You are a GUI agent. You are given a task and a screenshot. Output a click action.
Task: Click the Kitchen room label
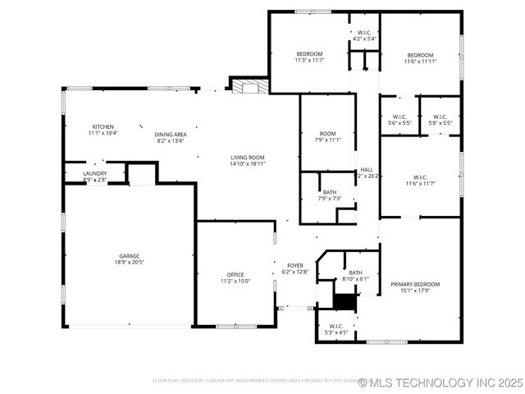pyautogui.click(x=103, y=130)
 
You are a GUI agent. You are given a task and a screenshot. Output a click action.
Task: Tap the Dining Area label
pyautogui.click(x=171, y=137)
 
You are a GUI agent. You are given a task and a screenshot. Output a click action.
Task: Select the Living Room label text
pyautogui.click(x=247, y=160)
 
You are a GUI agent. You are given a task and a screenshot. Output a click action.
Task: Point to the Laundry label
pyautogui.click(x=94, y=176)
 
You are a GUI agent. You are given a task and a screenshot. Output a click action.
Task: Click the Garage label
pyautogui.click(x=128, y=259)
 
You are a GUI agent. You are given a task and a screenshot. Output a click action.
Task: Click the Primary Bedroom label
pyautogui.click(x=420, y=286)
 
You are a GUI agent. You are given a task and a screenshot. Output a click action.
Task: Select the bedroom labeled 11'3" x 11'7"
pyautogui.click(x=310, y=57)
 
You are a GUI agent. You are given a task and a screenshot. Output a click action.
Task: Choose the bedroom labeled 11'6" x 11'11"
pyautogui.click(x=419, y=57)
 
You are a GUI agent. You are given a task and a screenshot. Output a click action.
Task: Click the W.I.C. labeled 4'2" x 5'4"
pyautogui.click(x=364, y=35)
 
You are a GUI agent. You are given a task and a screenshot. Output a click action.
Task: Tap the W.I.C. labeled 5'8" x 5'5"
pyautogui.click(x=440, y=119)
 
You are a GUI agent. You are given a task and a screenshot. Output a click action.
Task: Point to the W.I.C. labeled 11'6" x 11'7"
pyautogui.click(x=420, y=180)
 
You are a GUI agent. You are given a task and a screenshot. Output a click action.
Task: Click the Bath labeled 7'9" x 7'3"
pyautogui.click(x=328, y=195)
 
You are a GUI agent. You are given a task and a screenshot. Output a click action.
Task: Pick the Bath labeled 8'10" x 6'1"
pyautogui.click(x=355, y=276)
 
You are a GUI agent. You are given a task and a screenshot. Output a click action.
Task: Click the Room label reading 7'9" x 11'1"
pyautogui.click(x=328, y=137)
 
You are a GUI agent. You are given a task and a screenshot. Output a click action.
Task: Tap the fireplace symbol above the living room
pyautogui.click(x=248, y=86)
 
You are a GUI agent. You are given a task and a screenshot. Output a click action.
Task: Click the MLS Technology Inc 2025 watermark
pyautogui.click(x=440, y=383)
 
